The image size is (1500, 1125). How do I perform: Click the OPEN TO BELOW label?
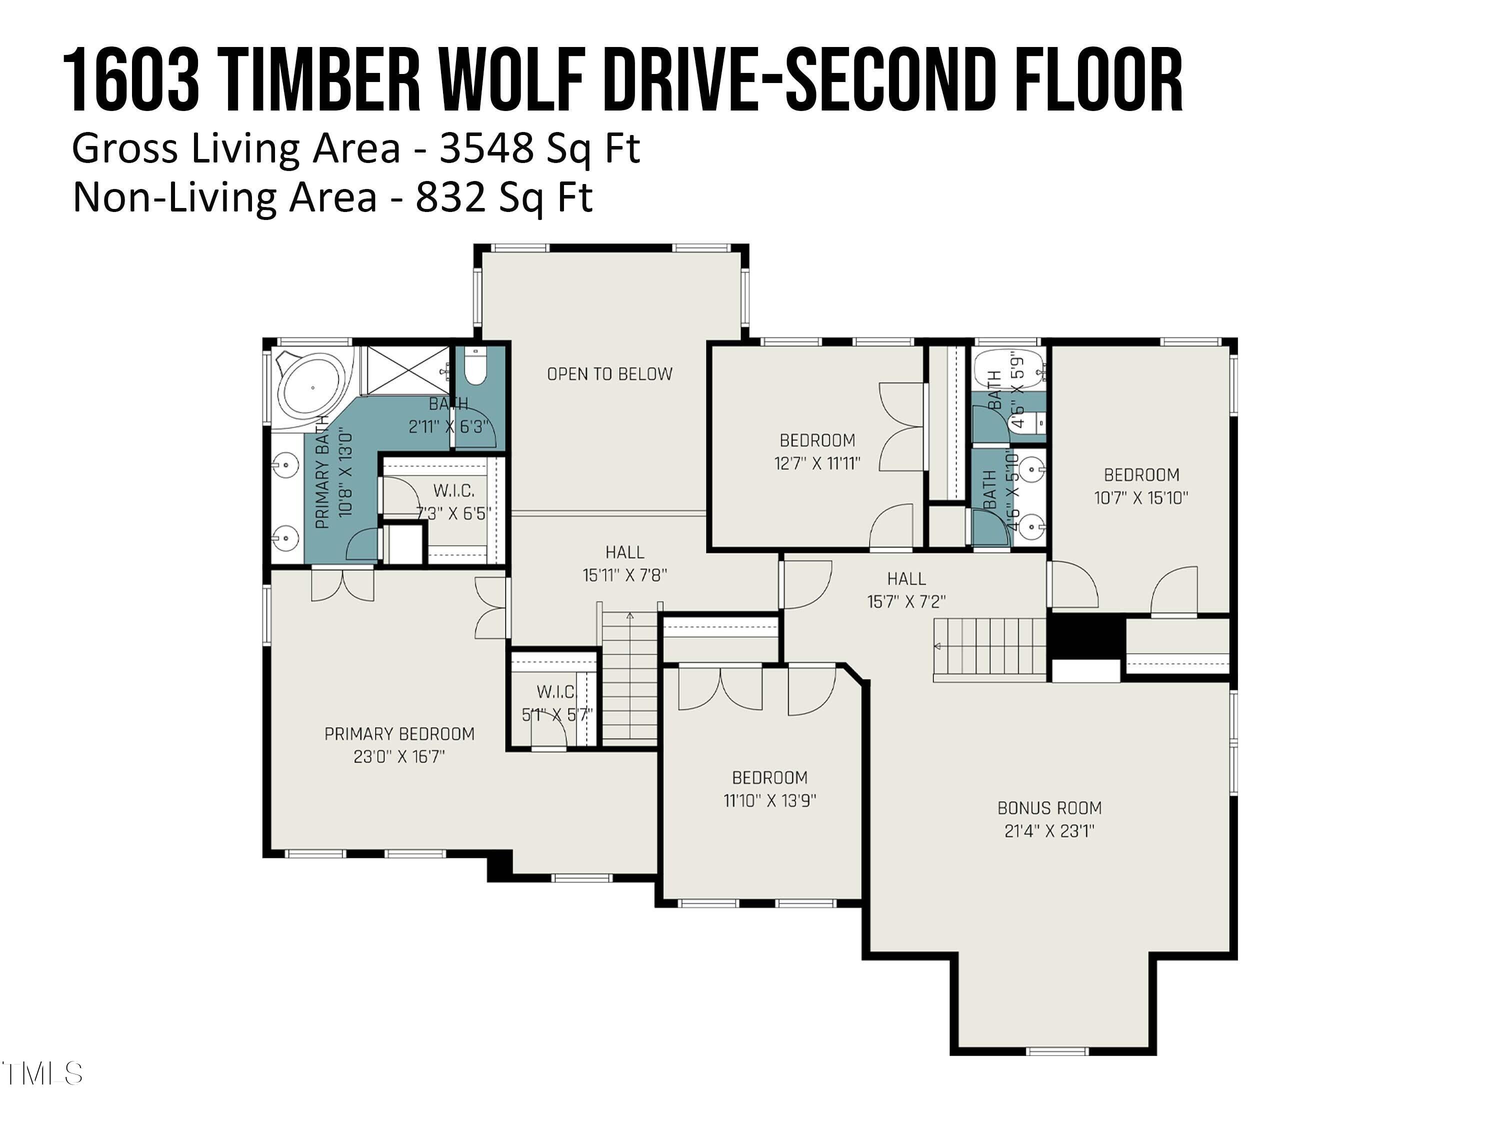pos(609,373)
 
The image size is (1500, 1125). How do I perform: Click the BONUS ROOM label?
pos(1049,808)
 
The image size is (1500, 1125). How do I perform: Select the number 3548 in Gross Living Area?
pos(485,148)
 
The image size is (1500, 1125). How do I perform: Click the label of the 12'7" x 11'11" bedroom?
pos(817,441)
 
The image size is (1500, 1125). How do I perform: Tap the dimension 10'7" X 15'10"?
pos(1141,497)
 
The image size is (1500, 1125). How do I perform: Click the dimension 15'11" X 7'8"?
pos(624,575)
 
